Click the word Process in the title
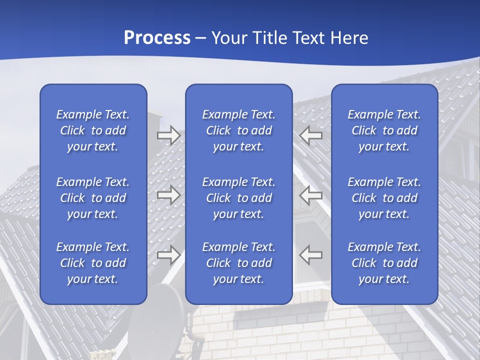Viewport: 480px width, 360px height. point(157,38)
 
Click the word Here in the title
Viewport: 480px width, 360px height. point(349,38)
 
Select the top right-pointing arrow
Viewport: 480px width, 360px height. point(168,135)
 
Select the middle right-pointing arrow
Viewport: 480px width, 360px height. point(168,195)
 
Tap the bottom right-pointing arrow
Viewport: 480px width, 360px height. point(168,255)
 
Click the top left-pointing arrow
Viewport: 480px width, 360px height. point(311,135)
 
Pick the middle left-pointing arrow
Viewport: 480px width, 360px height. point(311,195)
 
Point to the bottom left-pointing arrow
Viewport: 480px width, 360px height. point(311,254)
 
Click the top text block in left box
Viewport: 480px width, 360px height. point(93,130)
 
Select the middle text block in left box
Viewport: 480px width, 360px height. point(93,198)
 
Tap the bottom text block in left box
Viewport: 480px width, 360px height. point(93,263)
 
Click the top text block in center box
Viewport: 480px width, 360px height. point(239,130)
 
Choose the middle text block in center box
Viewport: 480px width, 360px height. point(239,198)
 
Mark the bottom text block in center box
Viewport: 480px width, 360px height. point(239,263)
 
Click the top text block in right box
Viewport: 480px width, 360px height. point(384,130)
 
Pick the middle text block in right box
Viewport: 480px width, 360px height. point(384,198)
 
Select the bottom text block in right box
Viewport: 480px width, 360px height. point(384,263)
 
